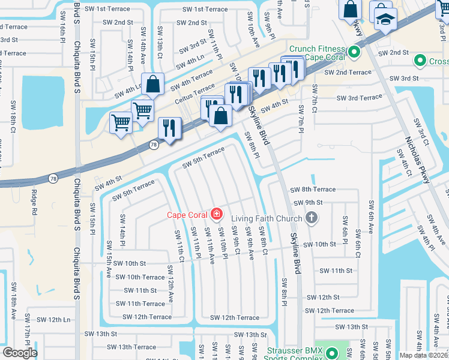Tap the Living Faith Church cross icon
[311, 218]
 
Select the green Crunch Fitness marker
[354, 52]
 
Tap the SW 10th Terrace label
[140, 277]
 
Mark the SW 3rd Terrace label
[359, 98]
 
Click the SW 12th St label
[323, 297]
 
